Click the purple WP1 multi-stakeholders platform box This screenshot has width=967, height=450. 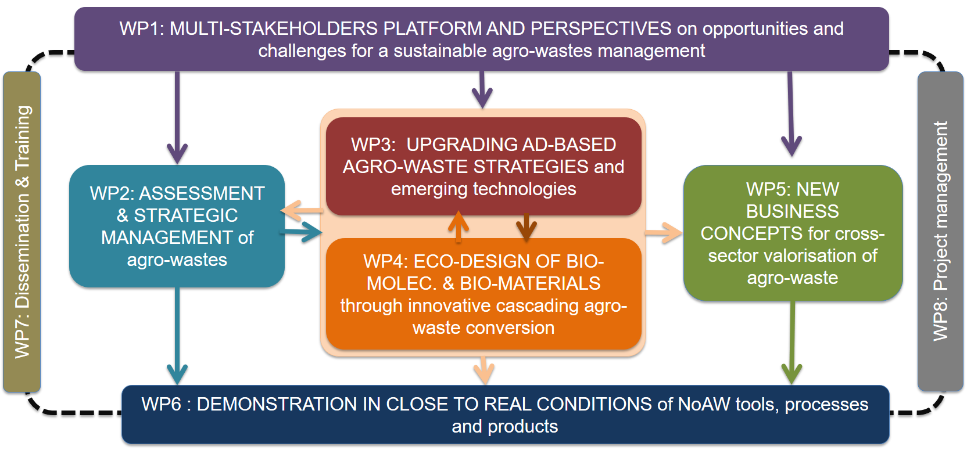pyautogui.click(x=481, y=39)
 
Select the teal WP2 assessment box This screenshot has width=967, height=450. pyautogui.click(x=177, y=226)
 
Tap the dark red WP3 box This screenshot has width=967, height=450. pyautogui.click(x=483, y=167)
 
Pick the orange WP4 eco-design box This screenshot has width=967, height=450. pyautogui.click(x=483, y=294)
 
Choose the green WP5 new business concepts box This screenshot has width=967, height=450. pyautogui.click(x=793, y=233)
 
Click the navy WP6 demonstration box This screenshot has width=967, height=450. pyautogui.click(x=504, y=415)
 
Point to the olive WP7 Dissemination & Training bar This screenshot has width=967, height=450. pyautogui.click(x=22, y=232)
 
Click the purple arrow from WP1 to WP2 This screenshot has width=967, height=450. pyautogui.click(x=177, y=116)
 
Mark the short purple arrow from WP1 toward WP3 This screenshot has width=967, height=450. pyautogui.click(x=482, y=90)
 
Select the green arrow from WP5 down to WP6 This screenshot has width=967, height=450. pyautogui.click(x=791, y=343)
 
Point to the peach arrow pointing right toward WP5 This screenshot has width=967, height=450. pyautogui.click(x=664, y=233)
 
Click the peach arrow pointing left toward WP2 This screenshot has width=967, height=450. pyautogui.click(x=302, y=210)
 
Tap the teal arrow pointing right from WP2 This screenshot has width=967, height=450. pyautogui.click(x=302, y=232)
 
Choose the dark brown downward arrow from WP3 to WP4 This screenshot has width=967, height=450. pyautogui.click(x=526, y=227)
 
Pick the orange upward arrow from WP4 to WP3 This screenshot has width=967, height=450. pyautogui.click(x=459, y=226)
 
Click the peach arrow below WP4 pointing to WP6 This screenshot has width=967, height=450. pyautogui.click(x=483, y=369)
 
